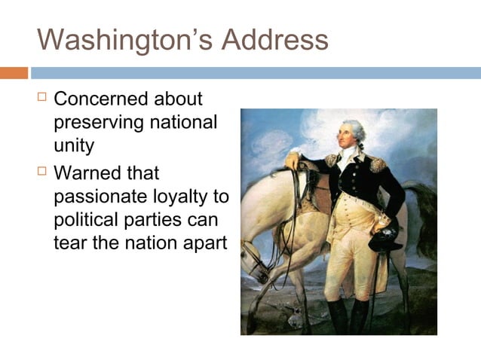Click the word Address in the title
(x=275, y=39)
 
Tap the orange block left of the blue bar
(x=14, y=73)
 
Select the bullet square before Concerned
(x=42, y=97)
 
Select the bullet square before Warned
(x=42, y=172)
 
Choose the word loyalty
(x=182, y=197)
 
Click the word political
(x=84, y=221)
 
